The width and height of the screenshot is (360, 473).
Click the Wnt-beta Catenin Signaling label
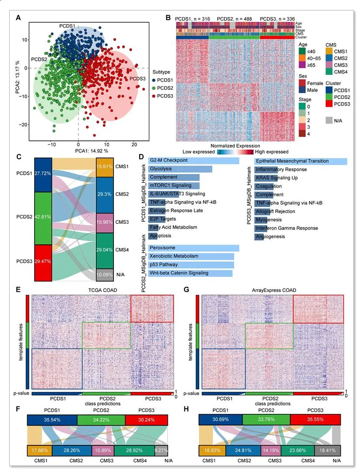tap(178, 273)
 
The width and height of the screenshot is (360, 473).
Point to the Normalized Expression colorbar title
tap(235, 146)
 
